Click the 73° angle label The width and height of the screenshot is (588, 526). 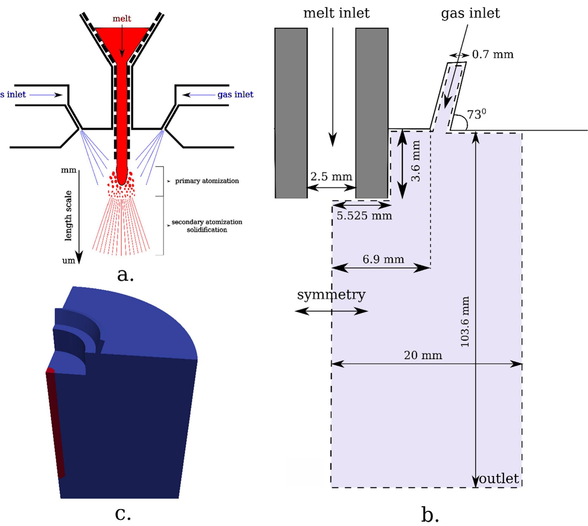476,114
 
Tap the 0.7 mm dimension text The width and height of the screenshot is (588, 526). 493,54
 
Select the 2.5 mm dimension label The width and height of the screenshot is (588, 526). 331,176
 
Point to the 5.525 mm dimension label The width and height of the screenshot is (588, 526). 364,216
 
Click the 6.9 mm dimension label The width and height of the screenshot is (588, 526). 383,259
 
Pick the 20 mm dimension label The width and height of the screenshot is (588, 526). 423,355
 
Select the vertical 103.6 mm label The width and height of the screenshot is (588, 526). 465,322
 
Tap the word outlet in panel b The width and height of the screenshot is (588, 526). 499,479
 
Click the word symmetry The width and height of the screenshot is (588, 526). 331,295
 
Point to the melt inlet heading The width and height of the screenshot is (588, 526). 336,13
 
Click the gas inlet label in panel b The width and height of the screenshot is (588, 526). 470,13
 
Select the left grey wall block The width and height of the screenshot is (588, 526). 291,113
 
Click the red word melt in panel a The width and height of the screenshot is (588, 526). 122,19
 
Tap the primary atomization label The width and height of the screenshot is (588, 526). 207,181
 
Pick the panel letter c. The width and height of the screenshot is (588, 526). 123,513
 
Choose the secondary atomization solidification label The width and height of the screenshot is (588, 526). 207,226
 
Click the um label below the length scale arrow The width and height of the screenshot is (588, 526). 68,261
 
